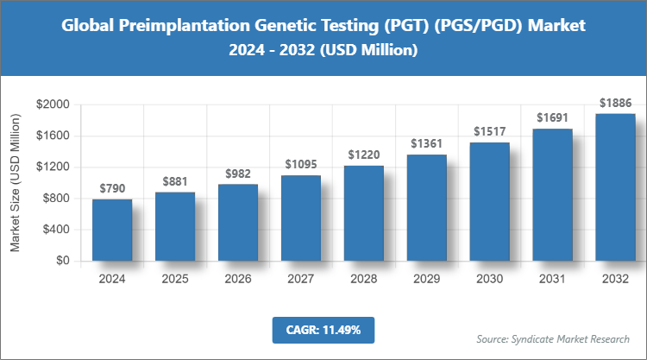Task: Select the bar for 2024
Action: pos(112,230)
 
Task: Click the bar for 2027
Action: pos(301,218)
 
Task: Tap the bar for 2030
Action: pos(490,201)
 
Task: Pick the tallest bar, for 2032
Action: pos(616,186)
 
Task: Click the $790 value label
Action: pos(112,188)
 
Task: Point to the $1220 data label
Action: pos(364,155)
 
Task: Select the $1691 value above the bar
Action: pos(553,117)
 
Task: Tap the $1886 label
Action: pos(616,103)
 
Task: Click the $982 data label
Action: pos(238,174)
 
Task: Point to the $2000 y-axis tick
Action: pos(53,104)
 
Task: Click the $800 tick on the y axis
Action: pos(56,199)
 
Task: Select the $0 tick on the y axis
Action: pos(63,261)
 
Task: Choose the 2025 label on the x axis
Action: pos(175,279)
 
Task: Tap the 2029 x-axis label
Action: pos(427,279)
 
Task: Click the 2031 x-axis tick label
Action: pos(553,279)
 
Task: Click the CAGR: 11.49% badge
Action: pos(323,330)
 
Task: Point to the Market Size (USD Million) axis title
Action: pos(15,185)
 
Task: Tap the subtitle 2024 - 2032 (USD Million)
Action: pos(323,51)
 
